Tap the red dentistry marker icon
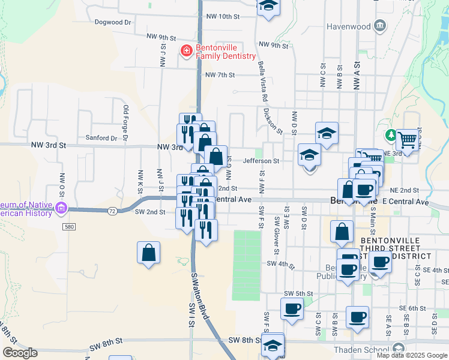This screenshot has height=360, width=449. [187, 51]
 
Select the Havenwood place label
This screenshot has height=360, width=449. [349, 26]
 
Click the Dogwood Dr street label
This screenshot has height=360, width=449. [113, 22]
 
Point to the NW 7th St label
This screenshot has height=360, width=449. [219, 75]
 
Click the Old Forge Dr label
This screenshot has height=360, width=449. [126, 122]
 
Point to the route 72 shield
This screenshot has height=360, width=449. [112, 211]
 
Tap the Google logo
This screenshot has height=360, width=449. [20, 353]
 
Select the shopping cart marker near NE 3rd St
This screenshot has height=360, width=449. [408, 140]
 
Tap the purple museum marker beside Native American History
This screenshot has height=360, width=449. [60, 209]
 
